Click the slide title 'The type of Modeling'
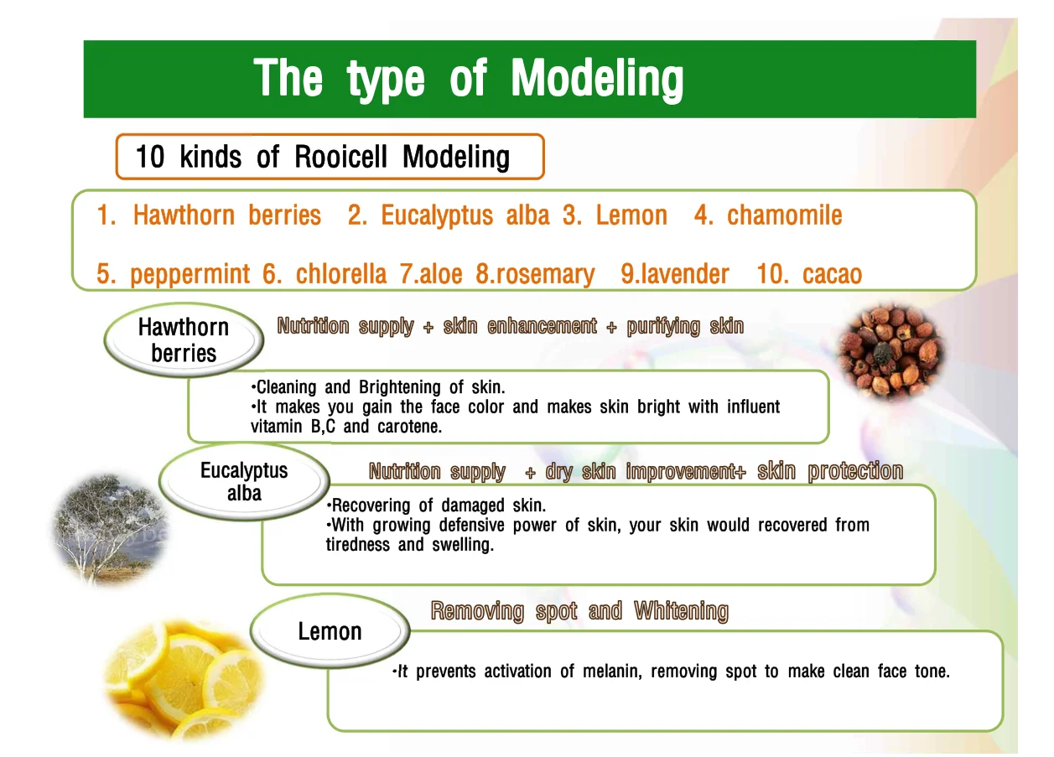coord(469,79)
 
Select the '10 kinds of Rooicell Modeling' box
coord(329,157)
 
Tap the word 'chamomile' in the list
coord(784,215)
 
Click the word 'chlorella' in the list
coord(340,274)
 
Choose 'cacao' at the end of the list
coord(832,274)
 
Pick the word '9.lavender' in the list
coord(675,274)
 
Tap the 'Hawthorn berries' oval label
coord(183,340)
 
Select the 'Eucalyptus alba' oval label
coord(244,481)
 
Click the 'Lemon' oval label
coord(330,631)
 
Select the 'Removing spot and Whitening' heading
coord(579,611)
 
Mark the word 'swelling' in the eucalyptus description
coord(463,545)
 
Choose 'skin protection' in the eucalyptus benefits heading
coord(830,471)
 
